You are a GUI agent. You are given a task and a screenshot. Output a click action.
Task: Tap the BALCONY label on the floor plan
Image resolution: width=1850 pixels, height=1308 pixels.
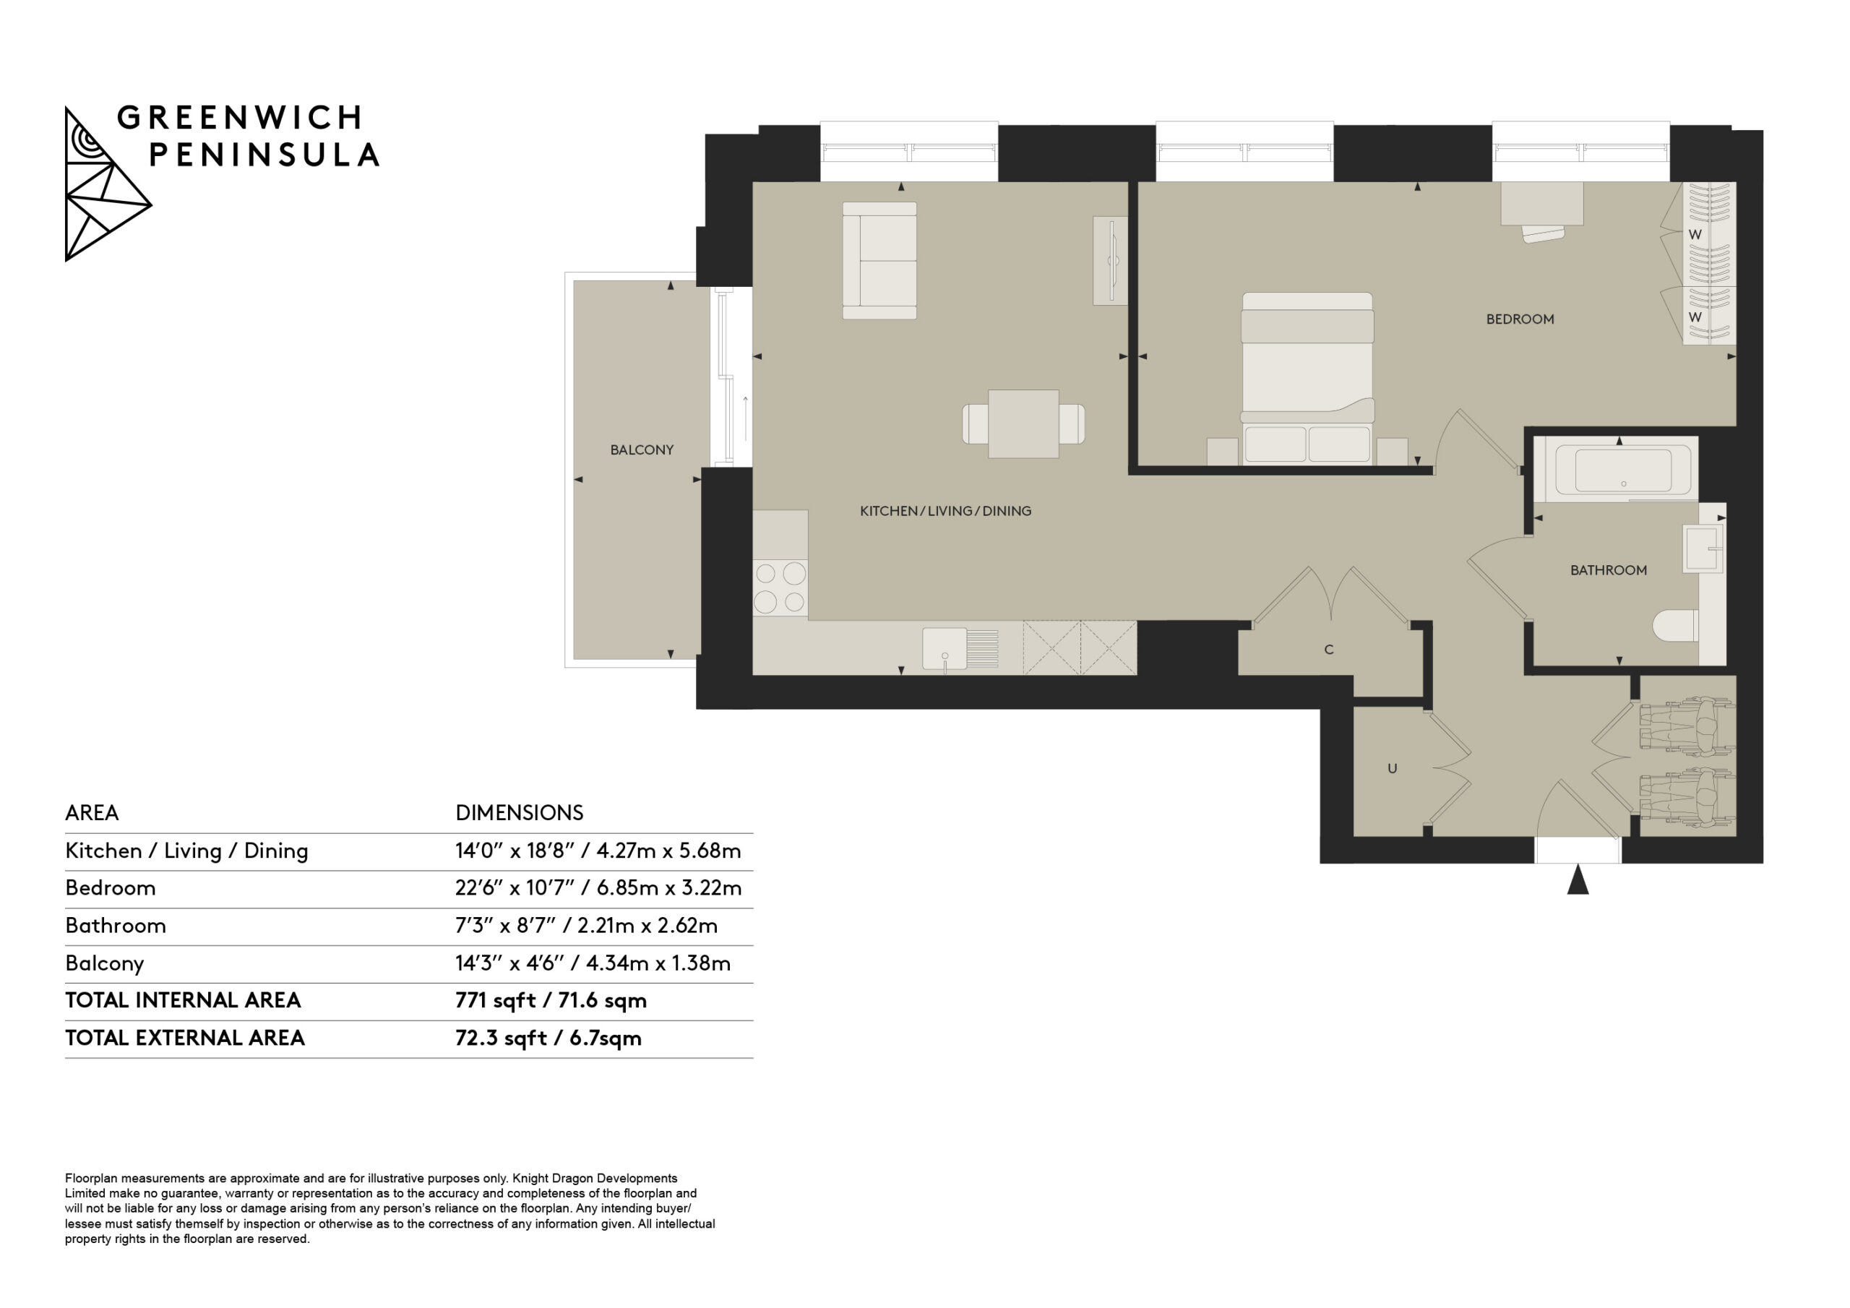642,449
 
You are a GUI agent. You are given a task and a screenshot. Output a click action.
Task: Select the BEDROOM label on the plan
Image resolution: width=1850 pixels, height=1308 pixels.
1520,319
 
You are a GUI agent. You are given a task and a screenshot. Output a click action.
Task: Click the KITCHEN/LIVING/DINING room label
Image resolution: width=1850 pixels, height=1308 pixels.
945,511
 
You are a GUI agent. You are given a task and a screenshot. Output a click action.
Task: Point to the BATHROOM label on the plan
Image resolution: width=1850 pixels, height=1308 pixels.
1609,569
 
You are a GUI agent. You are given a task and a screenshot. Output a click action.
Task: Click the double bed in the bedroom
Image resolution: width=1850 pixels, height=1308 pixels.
1307,379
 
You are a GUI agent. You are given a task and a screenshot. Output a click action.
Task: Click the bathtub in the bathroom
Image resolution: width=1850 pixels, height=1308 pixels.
1616,469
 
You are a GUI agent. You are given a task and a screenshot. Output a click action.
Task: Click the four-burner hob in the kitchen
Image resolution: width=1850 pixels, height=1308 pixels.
780,588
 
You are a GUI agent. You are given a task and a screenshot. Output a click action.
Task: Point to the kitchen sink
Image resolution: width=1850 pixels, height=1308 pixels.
960,649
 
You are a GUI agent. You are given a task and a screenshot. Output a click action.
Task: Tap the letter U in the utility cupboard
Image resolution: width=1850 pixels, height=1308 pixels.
1392,768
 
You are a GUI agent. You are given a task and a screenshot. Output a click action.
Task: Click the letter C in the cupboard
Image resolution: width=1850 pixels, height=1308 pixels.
1329,650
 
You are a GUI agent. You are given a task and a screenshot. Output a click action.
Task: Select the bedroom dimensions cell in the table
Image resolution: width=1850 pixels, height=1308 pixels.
598,888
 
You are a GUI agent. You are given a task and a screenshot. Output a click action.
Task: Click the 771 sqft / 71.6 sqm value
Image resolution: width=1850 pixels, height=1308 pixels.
551,1000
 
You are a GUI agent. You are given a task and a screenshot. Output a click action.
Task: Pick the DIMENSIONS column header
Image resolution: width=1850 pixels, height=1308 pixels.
519,812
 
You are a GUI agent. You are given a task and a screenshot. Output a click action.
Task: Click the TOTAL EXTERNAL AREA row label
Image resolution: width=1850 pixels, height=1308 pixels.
184,1038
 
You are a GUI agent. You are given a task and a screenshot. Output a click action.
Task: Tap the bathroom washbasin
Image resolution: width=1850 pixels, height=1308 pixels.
1703,548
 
